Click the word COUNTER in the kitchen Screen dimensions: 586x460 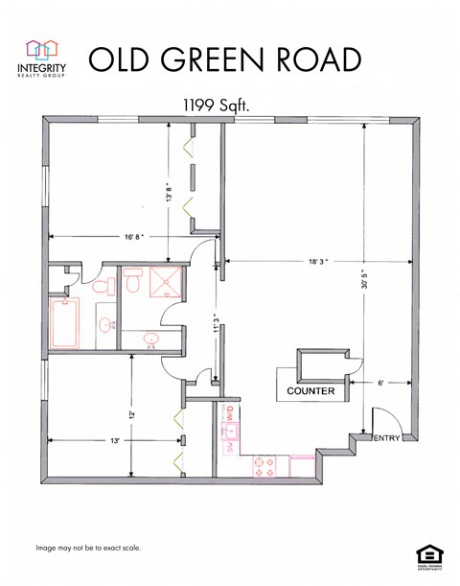(310, 391)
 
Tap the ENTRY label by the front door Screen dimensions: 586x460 (386, 438)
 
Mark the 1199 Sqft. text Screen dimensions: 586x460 (217, 107)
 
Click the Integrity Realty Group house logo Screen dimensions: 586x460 (40, 49)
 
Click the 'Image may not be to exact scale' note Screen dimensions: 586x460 (88, 548)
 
